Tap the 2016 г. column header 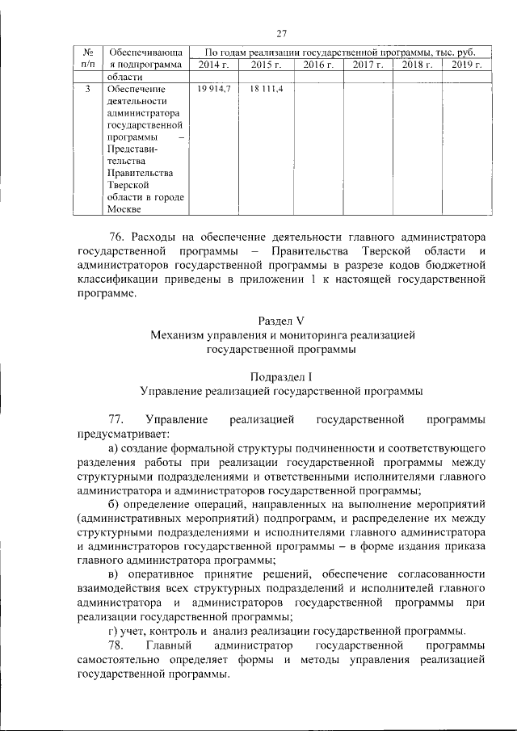click(x=318, y=64)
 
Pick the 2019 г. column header click(x=467, y=64)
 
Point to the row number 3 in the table click(x=86, y=88)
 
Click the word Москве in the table click(x=124, y=210)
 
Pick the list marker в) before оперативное click(x=114, y=574)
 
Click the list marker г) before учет click(x=113, y=631)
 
